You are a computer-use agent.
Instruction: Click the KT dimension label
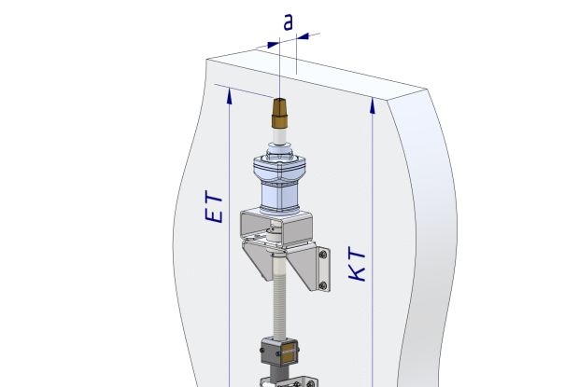[x=355, y=267]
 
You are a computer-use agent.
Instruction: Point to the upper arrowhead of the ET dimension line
[x=227, y=95]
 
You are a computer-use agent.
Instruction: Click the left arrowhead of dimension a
[x=273, y=43]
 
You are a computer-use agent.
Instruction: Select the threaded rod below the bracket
[x=278, y=298]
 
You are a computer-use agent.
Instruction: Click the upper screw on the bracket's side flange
[x=323, y=254]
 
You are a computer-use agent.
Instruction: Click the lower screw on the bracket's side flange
[x=323, y=283]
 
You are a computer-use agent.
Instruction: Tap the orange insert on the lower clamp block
[x=289, y=354]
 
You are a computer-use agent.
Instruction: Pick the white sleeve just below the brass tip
[x=278, y=142]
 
